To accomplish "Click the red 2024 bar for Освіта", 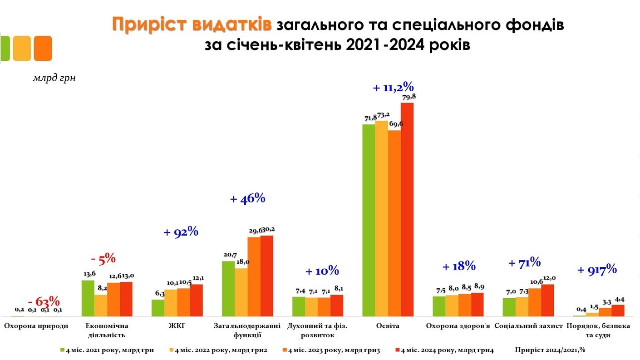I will tap(407, 209).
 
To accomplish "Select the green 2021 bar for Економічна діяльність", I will tap(88, 298).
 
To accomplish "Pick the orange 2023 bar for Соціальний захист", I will tap(535, 302).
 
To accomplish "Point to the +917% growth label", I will tap(597, 270).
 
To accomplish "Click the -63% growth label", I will tap(44, 301).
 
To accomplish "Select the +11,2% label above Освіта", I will tap(394, 88).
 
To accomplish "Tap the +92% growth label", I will tap(181, 232).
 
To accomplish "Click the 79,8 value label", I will tap(407, 97).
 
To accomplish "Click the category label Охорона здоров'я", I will tap(458, 326).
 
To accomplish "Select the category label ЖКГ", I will tap(177, 326).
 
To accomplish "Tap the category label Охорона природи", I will tap(36, 326).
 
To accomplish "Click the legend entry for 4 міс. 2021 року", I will tap(107, 350).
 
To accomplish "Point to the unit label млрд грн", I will tap(54, 78).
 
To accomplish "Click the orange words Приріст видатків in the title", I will tap(192, 25).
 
